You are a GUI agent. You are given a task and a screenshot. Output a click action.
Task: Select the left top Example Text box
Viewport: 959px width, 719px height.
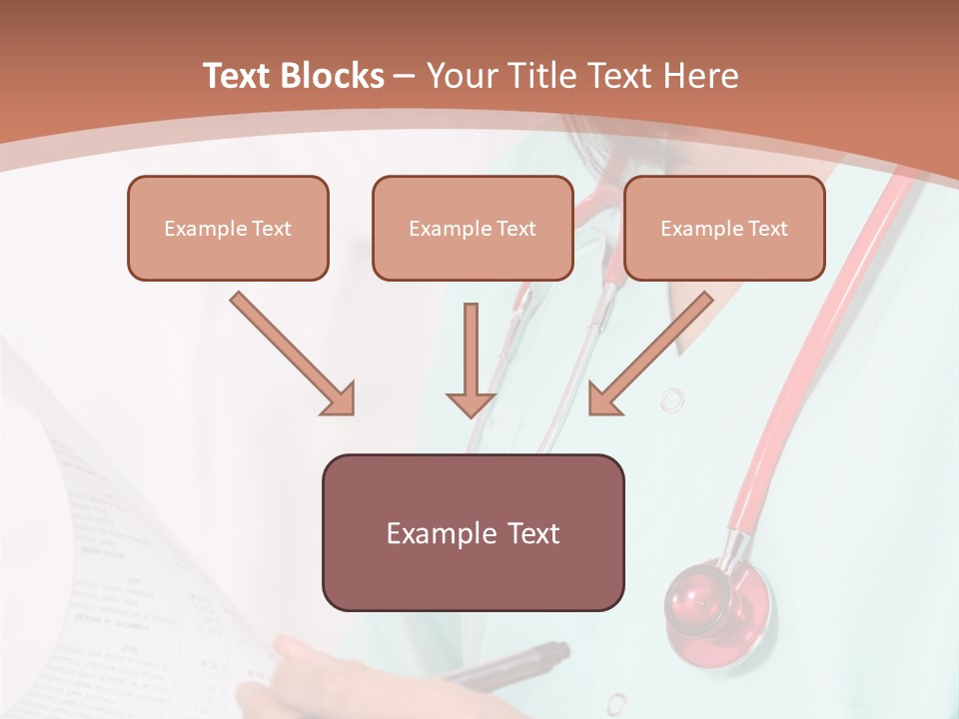pos(228,229)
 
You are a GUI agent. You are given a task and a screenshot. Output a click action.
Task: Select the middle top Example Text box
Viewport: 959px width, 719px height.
pos(473,229)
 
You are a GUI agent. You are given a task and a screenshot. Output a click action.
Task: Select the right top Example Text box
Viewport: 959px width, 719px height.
pos(724,229)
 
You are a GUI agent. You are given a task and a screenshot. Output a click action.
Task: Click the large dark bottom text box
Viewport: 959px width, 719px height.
pos(473,532)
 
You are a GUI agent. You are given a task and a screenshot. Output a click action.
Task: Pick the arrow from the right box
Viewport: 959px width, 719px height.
pos(654,350)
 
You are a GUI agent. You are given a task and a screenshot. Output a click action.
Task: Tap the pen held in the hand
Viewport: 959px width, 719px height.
pos(519,664)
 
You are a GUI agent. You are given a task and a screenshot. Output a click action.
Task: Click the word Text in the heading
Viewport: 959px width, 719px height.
pos(241,76)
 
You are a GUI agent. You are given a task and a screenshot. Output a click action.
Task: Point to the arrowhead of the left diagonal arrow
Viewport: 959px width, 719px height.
pos(340,399)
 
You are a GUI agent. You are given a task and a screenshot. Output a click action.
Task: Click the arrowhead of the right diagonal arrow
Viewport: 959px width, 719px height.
pos(603,399)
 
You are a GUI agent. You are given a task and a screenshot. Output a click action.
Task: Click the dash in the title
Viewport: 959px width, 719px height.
pos(405,76)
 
